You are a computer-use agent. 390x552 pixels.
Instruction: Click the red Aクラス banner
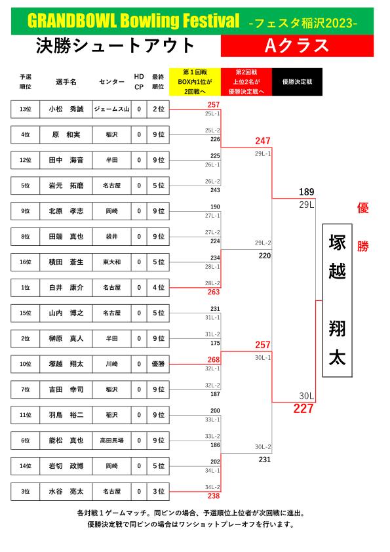[297, 46]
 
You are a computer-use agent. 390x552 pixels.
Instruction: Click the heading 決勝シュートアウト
[115, 46]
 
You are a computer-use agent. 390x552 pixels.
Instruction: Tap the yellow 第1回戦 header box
[195, 82]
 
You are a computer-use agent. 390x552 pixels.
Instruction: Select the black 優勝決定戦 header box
[297, 82]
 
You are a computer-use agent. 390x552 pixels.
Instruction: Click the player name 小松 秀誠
[66, 109]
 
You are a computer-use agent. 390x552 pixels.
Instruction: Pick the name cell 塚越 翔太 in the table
[66, 364]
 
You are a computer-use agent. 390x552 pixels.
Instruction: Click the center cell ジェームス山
[112, 109]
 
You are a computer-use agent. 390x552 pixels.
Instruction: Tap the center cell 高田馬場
[112, 441]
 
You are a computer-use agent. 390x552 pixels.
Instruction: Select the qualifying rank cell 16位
[26, 262]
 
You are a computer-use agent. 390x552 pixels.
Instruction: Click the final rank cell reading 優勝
[159, 364]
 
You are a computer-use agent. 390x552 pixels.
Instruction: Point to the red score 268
[214, 359]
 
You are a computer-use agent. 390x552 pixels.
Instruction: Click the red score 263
[214, 292]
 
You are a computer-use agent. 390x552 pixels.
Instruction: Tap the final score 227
[303, 408]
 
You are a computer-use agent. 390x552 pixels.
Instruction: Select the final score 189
[307, 192]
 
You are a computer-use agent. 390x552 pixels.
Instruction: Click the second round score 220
[265, 256]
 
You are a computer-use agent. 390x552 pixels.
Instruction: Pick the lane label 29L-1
[263, 154]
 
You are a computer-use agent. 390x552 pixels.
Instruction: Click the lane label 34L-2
[212, 487]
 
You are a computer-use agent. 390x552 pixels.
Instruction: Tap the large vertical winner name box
[337, 300]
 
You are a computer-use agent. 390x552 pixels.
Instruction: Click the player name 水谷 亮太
[66, 492]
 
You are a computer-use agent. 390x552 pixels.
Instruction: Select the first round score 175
[215, 343]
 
